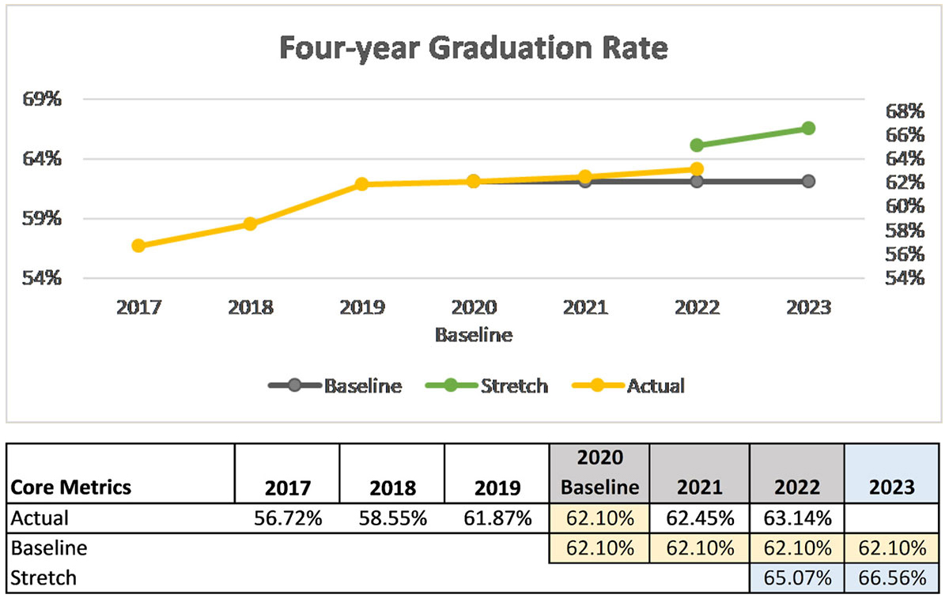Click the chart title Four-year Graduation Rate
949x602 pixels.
click(474, 47)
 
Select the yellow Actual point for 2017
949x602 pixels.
click(138, 246)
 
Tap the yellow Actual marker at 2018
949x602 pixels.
click(250, 224)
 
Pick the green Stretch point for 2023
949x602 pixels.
click(808, 128)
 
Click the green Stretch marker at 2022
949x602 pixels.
click(697, 145)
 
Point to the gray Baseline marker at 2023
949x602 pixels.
click(808, 181)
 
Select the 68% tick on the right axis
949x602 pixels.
click(904, 110)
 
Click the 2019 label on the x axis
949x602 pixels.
click(361, 307)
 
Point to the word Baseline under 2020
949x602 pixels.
click(474, 335)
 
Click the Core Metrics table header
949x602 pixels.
click(70, 487)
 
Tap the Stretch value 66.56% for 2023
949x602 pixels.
click(891, 578)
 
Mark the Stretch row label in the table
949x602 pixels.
click(43, 578)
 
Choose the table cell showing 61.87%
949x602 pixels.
click(496, 518)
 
